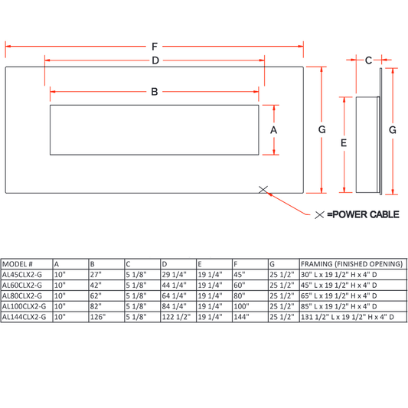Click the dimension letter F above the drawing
[x=155, y=47]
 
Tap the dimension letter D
[x=155, y=60]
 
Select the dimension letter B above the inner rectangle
[x=155, y=92]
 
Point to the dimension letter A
[x=273, y=130]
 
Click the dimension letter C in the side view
[x=368, y=60]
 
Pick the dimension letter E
[x=344, y=143]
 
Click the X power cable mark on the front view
[x=263, y=190]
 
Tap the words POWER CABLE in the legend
[x=366, y=214]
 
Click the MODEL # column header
[x=18, y=264]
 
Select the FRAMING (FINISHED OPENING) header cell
[x=352, y=264]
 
